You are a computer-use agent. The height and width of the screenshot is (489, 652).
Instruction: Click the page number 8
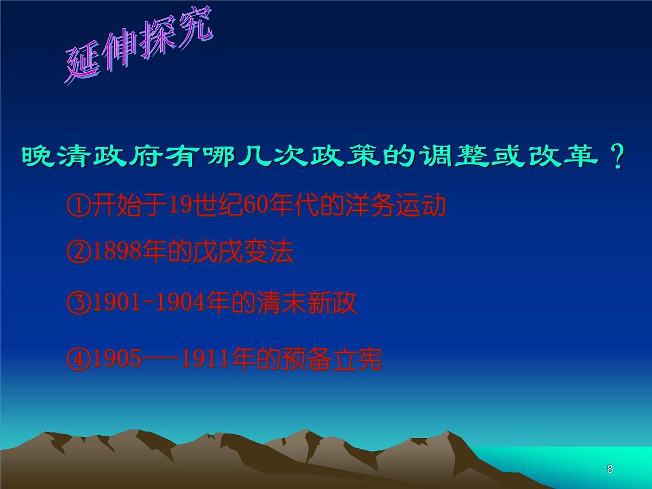pyautogui.click(x=610, y=469)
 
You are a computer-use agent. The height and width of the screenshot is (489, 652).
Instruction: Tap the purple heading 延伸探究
pyautogui.click(x=139, y=49)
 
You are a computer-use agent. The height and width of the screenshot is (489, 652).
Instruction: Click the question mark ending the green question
pyautogui.click(x=617, y=158)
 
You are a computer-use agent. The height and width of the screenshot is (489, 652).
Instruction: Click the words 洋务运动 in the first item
pyautogui.click(x=396, y=206)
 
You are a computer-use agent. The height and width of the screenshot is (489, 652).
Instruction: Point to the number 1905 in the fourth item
pyautogui.click(x=115, y=359)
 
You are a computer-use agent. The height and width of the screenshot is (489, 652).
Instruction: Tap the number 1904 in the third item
pyautogui.click(x=179, y=303)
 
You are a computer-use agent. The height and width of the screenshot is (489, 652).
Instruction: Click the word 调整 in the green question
pyautogui.click(x=455, y=158)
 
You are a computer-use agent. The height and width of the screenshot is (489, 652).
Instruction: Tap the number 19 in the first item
pyautogui.click(x=177, y=206)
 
